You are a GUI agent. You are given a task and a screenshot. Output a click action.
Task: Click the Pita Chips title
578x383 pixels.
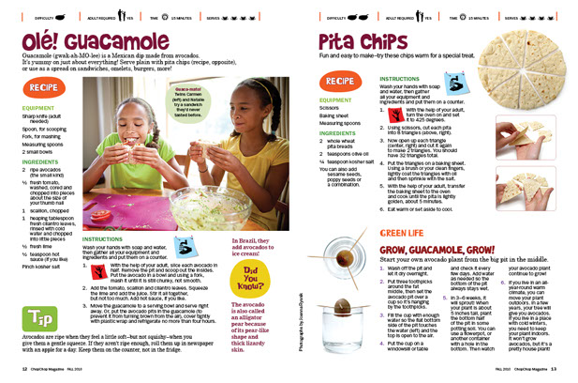(363, 41)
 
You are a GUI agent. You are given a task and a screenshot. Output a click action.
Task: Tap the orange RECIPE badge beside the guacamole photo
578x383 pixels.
(42, 87)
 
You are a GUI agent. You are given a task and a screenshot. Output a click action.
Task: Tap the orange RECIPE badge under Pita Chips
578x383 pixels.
(341, 82)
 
